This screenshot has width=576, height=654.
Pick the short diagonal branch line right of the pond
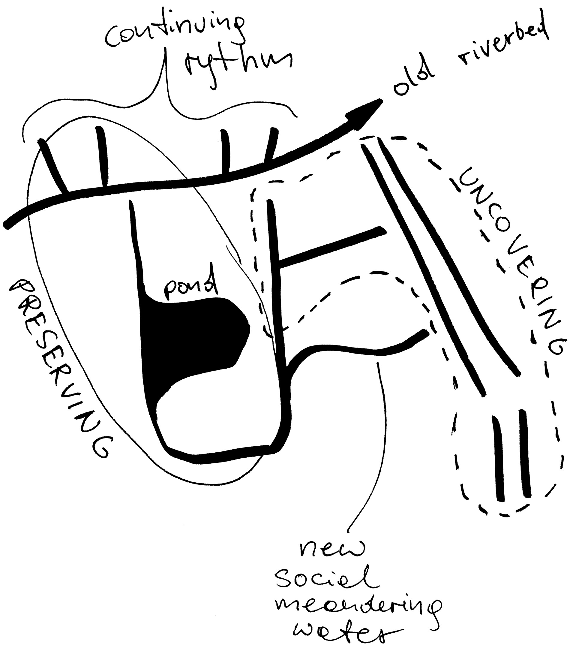(x=331, y=246)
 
